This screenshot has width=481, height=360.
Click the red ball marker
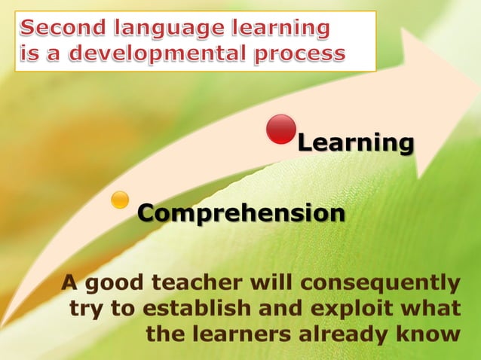click(281, 129)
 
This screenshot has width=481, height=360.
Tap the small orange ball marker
click(120, 200)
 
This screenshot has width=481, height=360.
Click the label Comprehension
click(241, 214)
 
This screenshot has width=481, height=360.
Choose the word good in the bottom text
click(115, 283)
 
